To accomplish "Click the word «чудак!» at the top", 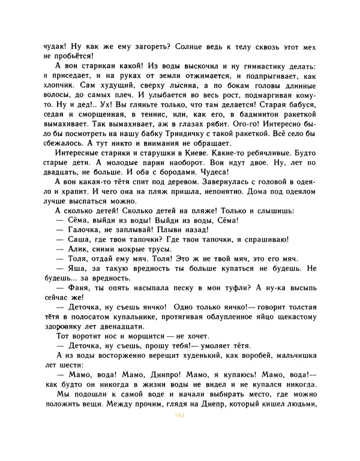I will click(58, 45).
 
